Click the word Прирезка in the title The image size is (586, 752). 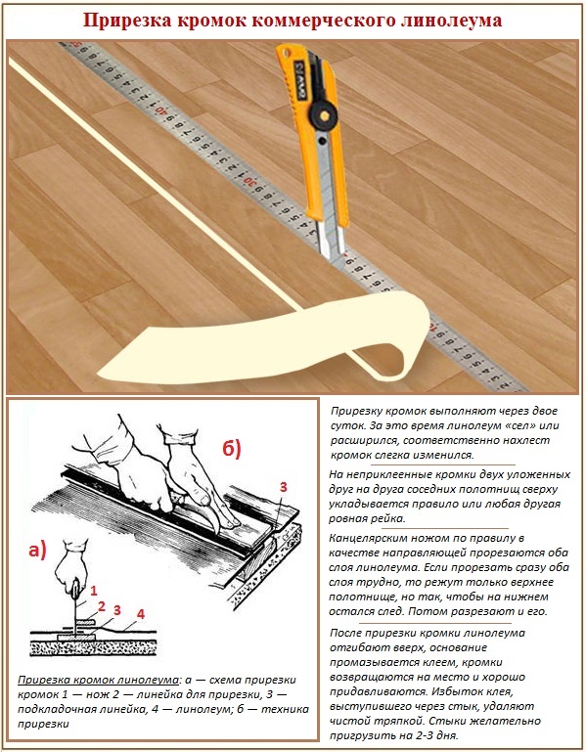pos(129,20)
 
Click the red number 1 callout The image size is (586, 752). pos(94,591)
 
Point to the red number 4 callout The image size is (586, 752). pos(141,614)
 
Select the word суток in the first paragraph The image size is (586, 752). pos(352,427)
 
